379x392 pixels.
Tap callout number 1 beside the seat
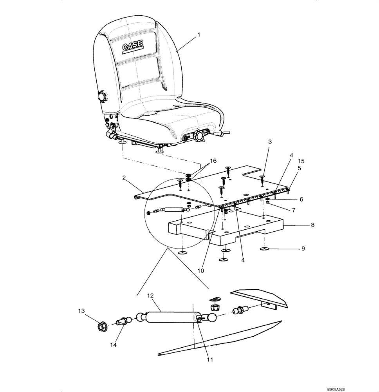[x=199, y=34]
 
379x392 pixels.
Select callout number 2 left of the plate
[x=124, y=178]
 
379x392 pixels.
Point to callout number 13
[x=81, y=311]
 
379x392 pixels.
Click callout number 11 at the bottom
[x=209, y=359]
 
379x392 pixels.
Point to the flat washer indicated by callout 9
[x=264, y=249]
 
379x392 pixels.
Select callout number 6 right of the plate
[x=301, y=199]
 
